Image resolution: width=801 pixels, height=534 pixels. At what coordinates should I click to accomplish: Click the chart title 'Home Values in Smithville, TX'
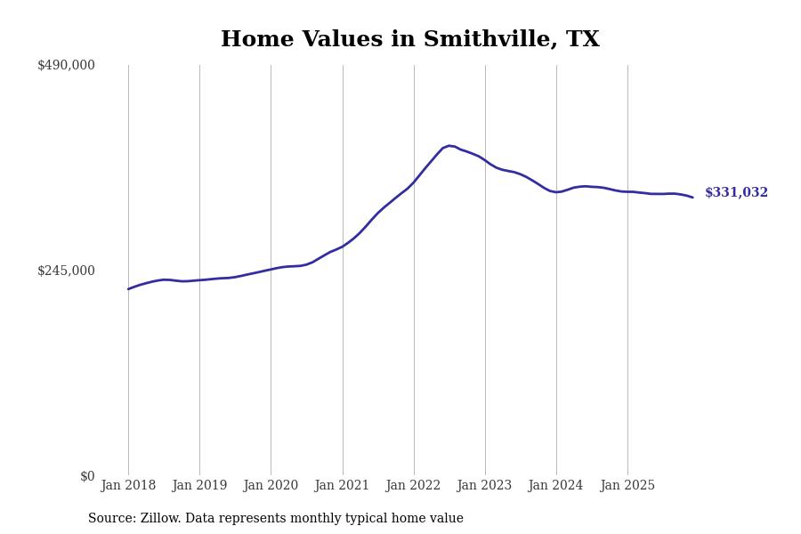tap(409, 40)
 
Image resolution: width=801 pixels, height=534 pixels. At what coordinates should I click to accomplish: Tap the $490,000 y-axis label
tap(66, 65)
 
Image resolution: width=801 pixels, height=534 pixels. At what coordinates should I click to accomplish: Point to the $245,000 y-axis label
tap(66, 271)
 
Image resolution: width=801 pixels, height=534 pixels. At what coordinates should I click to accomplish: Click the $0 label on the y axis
tap(87, 476)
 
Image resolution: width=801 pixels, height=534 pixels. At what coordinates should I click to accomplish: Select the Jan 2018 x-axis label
tap(128, 486)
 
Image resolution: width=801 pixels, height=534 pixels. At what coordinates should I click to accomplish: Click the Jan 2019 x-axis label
tap(199, 486)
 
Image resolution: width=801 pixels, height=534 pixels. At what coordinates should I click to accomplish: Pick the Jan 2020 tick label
tap(271, 486)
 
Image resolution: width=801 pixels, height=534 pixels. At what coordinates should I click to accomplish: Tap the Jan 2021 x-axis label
tap(342, 486)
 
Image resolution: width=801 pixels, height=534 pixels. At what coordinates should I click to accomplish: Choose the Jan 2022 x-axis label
tap(413, 486)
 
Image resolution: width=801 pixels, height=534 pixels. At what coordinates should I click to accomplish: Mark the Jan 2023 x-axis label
tap(484, 486)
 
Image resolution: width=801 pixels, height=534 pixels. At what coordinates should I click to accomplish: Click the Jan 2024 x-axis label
tap(555, 486)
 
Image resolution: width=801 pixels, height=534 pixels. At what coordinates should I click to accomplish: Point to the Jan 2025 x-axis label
tap(627, 486)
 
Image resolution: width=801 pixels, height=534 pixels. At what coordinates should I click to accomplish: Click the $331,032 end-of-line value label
tap(736, 193)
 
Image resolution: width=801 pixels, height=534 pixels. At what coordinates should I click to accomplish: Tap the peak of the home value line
tap(449, 146)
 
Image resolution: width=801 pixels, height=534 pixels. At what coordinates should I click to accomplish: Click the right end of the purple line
tap(692, 197)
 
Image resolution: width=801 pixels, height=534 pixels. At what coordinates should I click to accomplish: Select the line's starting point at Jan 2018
tap(128, 288)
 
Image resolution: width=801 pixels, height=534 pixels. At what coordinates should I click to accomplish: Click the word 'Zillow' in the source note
tap(159, 519)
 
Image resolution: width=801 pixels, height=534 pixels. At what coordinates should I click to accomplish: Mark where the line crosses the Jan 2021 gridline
tap(343, 246)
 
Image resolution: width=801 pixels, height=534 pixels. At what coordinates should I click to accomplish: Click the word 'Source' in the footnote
tap(110, 519)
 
